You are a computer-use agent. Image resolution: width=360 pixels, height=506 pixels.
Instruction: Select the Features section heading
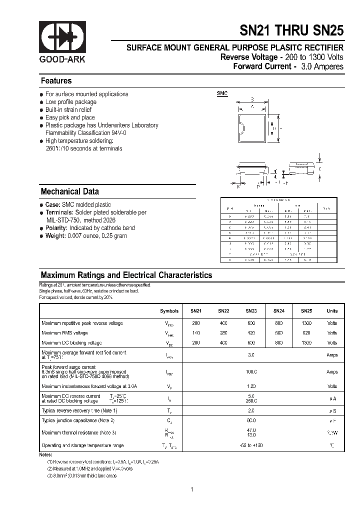(x=56, y=81)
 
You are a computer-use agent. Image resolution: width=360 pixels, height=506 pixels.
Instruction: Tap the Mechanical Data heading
(x=69, y=191)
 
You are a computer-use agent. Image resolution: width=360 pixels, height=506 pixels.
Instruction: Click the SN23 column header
(x=251, y=311)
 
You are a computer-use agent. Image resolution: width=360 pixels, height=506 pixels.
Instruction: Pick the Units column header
(x=332, y=311)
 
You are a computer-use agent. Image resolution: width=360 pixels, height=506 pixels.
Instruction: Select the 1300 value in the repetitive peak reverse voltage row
(x=306, y=323)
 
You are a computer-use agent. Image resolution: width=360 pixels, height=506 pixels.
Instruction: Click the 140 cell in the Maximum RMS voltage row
(x=195, y=333)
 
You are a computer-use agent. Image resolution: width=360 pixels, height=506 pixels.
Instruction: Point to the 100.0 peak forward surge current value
(x=251, y=372)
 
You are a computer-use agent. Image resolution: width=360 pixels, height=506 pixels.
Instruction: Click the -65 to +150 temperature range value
(x=251, y=445)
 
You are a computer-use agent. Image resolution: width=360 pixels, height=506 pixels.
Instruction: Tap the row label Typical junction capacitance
(x=78, y=420)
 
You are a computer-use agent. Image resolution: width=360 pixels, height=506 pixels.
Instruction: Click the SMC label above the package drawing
(x=222, y=94)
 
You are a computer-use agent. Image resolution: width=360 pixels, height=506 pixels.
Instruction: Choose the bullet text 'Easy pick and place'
(x=70, y=117)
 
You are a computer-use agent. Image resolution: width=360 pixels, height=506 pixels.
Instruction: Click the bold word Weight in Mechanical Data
(x=55, y=236)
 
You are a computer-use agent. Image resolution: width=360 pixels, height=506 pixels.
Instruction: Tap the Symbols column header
(x=169, y=311)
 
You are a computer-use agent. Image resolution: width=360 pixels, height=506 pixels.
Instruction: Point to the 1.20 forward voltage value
(x=251, y=386)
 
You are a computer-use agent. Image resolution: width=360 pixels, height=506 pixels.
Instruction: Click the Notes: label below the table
(x=45, y=454)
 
